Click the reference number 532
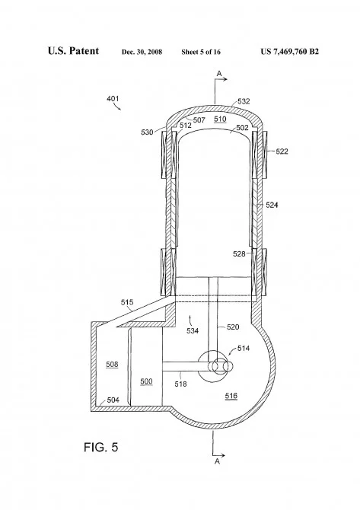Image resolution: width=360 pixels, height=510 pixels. [x=244, y=101]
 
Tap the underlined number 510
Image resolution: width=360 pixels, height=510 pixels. [x=220, y=119]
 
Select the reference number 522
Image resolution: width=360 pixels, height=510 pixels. [x=282, y=151]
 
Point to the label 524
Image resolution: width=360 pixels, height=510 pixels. [x=272, y=205]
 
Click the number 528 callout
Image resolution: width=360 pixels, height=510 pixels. [x=239, y=253]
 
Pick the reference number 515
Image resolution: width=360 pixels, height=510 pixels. [x=127, y=302]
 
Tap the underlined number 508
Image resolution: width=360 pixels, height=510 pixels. [x=112, y=365]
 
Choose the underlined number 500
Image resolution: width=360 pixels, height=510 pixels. [x=146, y=381]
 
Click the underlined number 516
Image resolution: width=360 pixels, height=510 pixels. [x=231, y=396]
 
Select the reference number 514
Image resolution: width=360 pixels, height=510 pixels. [x=244, y=349]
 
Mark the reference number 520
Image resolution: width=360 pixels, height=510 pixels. [x=233, y=327]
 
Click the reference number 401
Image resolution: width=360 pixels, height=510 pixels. [x=113, y=98]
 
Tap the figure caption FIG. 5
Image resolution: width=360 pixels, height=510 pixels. [x=100, y=448]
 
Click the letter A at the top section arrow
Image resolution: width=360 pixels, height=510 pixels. [x=219, y=74]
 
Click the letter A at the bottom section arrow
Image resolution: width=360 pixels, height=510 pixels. [x=217, y=461]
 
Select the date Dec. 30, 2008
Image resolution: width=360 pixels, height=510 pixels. [x=142, y=52]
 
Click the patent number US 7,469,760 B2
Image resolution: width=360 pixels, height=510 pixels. [x=289, y=52]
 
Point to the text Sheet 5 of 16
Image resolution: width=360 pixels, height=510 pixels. [x=201, y=52]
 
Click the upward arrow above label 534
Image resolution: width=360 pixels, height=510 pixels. [x=190, y=319]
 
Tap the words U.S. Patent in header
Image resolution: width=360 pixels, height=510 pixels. [x=73, y=51]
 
